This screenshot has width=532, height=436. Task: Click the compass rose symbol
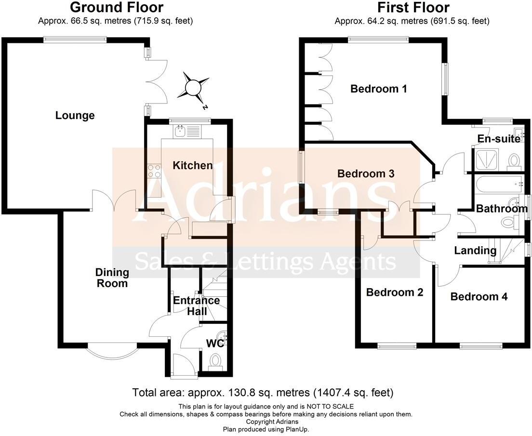(x=193, y=87)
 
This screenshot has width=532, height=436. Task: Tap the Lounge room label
(x=75, y=116)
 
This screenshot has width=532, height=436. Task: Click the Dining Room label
(x=112, y=278)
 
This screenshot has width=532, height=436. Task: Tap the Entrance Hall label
(x=196, y=305)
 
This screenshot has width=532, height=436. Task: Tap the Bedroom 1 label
(x=379, y=89)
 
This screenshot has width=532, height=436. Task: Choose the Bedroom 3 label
(x=366, y=173)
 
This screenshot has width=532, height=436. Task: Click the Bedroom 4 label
(x=479, y=297)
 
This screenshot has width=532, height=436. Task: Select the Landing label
(x=475, y=251)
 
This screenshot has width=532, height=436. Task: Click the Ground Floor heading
(x=117, y=8)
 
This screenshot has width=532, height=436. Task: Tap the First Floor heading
(x=413, y=8)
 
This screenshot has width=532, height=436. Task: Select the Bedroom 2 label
(x=395, y=292)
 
